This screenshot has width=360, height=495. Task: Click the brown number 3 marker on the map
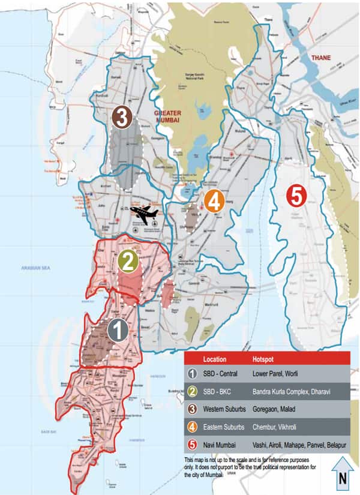pos(122,118)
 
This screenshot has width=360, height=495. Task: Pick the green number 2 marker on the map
pos(127,261)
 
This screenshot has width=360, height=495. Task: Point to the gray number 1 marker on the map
pos(118,331)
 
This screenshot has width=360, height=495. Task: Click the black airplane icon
pos(143,212)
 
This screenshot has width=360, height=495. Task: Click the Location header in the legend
pos(215,359)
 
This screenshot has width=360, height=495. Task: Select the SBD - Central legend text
pos(221,374)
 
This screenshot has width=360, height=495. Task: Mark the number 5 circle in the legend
pos(193,445)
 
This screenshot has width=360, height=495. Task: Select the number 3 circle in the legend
pos(193,410)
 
